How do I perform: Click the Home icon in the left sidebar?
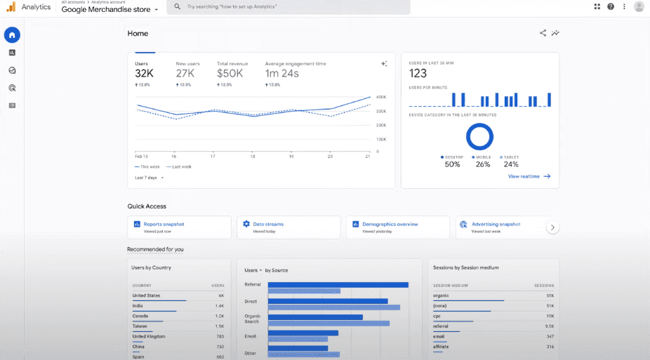tap(12, 35)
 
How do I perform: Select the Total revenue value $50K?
tap(230, 74)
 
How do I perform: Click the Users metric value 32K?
tap(144, 74)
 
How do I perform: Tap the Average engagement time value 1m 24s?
tap(281, 74)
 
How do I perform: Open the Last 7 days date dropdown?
tap(149, 178)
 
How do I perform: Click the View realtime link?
tap(529, 177)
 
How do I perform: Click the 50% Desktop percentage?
tap(452, 164)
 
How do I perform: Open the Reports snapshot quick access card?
tap(179, 227)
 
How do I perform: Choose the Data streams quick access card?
tap(288, 227)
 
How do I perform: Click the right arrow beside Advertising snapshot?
tap(552, 227)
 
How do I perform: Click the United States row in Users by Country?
tap(178, 295)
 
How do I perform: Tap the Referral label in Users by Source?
tap(253, 284)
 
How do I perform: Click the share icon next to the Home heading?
tap(543, 33)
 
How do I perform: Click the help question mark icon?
tap(611, 6)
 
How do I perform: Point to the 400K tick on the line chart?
tap(381, 98)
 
